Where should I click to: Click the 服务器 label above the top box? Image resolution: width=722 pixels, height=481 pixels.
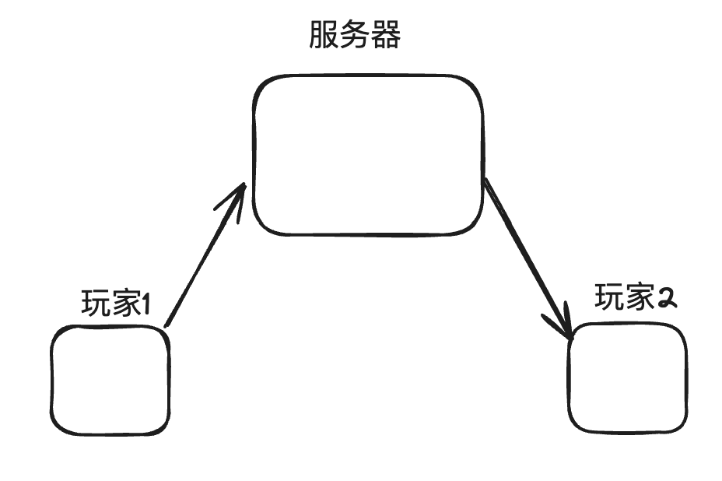click(x=355, y=35)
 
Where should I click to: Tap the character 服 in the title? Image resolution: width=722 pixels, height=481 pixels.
click(x=324, y=35)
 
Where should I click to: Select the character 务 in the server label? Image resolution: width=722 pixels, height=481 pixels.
click(x=355, y=35)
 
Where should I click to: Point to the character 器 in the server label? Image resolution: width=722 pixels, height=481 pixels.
click(x=385, y=35)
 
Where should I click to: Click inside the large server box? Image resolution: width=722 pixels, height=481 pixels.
click(x=367, y=156)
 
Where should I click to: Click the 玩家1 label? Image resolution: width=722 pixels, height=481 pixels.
click(x=115, y=304)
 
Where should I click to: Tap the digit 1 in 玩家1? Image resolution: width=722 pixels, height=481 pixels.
click(x=145, y=304)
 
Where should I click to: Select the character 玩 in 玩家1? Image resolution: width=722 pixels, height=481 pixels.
click(x=95, y=304)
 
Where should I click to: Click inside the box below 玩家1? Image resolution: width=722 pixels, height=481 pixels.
click(x=110, y=381)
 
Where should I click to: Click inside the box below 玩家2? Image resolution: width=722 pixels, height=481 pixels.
click(x=627, y=377)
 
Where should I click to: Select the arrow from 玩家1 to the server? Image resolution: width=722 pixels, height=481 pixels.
click(x=204, y=257)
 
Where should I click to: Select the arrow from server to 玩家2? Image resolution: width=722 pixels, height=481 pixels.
click(x=527, y=257)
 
